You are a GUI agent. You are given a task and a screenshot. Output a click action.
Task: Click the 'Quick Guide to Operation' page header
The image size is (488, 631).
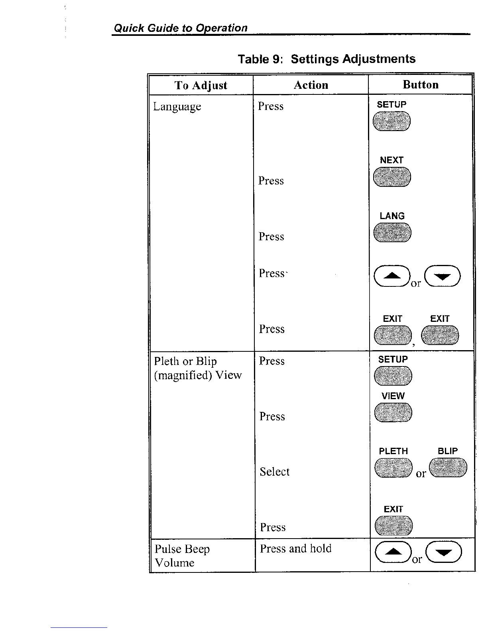[181, 28]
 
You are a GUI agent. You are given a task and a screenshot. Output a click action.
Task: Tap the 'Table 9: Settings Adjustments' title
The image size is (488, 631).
[327, 59]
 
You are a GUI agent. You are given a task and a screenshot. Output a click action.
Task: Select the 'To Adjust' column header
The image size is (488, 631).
[201, 85]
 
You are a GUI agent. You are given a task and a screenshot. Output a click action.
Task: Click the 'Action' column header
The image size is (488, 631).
[311, 85]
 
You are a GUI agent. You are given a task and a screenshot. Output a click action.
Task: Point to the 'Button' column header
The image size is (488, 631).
[421, 84]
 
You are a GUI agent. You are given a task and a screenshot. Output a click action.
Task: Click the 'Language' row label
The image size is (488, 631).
[177, 107]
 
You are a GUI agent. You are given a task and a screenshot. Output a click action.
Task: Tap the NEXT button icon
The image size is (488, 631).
[392, 177]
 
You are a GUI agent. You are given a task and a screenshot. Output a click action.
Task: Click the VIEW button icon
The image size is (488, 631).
[393, 412]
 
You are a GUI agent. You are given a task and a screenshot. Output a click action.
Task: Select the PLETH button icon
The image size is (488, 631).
[394, 468]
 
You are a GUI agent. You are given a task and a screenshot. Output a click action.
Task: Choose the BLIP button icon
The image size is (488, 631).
[448, 467]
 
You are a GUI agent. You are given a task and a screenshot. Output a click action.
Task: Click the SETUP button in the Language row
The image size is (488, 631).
[392, 121]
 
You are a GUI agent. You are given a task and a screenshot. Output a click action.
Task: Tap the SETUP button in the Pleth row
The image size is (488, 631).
[393, 376]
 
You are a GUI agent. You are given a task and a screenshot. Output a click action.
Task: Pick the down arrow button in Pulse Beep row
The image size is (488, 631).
[444, 552]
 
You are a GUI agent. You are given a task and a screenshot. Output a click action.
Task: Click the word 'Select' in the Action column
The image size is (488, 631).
[274, 472]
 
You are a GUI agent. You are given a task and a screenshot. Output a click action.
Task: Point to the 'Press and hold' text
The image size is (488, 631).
[295, 549]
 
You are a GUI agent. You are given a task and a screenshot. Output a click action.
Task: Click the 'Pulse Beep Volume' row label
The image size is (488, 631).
[182, 556]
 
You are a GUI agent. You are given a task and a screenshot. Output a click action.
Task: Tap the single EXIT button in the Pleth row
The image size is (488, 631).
[394, 525]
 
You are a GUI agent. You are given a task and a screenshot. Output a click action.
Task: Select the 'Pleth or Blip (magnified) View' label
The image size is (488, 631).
[198, 368]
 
